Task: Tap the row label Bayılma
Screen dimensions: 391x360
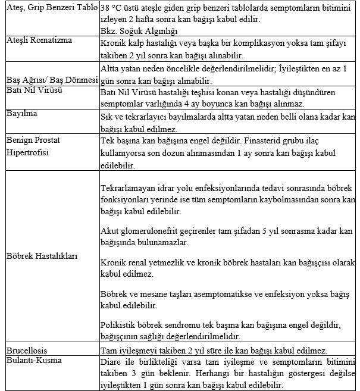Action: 21,112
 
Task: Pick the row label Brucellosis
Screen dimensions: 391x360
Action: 27,350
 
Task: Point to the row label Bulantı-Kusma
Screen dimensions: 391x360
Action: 33,360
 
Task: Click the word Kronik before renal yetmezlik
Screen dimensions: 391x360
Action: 114,262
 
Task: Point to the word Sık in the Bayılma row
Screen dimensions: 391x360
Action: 107,116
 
